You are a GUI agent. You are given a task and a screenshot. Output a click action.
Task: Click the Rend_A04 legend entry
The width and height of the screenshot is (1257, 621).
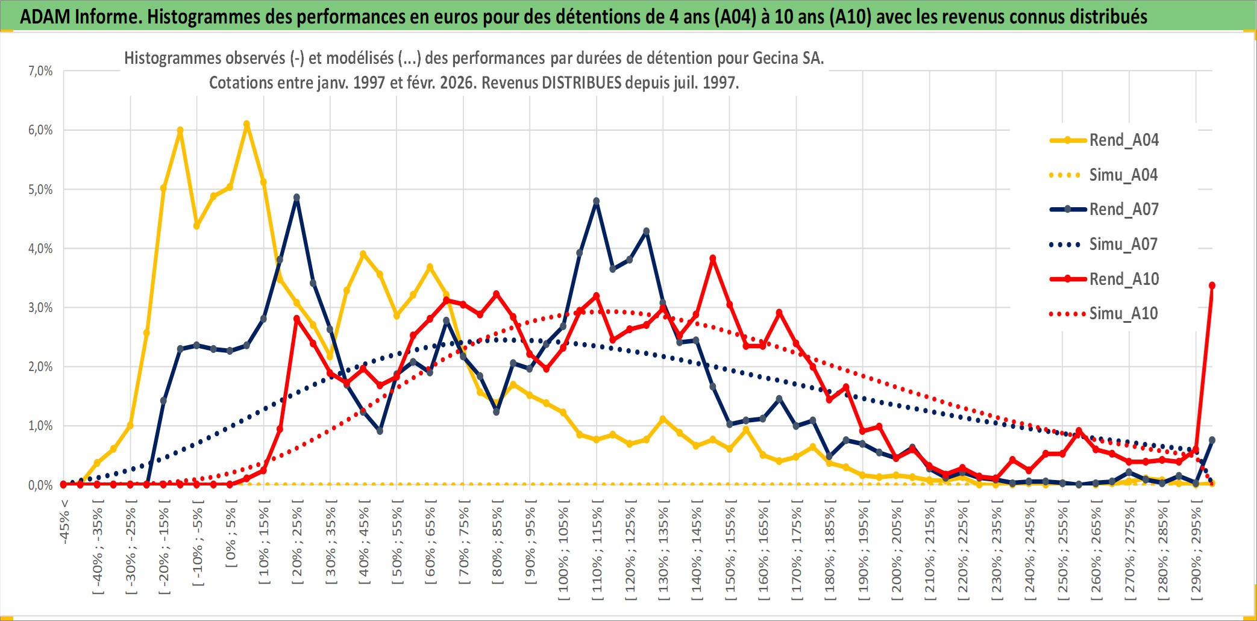(1123, 140)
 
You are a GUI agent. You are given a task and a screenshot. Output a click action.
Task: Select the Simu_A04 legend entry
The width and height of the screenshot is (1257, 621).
(1123, 175)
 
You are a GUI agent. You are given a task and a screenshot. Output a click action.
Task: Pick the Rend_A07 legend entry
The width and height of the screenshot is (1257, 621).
(1123, 210)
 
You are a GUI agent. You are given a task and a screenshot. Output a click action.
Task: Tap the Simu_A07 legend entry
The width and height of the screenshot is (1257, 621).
(1123, 245)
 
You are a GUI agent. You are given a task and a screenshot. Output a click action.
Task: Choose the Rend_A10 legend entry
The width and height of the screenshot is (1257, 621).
(1123, 279)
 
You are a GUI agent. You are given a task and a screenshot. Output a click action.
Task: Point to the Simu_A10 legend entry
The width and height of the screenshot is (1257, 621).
(1123, 314)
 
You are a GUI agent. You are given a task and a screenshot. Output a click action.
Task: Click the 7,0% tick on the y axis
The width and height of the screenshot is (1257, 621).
(40, 71)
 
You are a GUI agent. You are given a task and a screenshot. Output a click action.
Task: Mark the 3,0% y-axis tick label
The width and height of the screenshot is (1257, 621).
(40, 308)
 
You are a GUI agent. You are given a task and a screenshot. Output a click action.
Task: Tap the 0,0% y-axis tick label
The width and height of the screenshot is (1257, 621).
(40, 485)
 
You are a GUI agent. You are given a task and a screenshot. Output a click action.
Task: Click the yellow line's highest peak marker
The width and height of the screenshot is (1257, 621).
(246, 124)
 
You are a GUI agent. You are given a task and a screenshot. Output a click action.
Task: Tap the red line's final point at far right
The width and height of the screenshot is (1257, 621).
(1212, 286)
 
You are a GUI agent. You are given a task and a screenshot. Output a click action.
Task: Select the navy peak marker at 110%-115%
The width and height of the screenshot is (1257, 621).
(597, 201)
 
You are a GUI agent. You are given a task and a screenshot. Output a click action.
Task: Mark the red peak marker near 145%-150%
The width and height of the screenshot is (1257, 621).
(713, 258)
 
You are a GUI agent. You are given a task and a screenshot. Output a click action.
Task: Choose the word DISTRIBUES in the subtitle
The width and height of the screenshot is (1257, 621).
(581, 83)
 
